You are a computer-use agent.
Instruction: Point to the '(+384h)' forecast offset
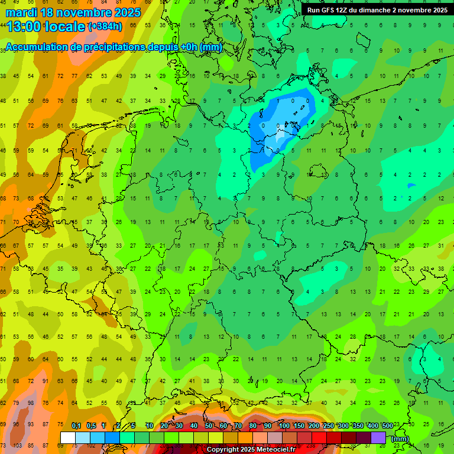point(105,27)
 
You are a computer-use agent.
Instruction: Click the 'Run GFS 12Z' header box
point(377,10)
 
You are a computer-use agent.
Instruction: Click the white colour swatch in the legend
point(68,437)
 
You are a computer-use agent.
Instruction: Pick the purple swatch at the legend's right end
point(378,437)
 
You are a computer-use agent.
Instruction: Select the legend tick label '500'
point(388,426)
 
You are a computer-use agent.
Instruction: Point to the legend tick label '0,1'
point(76,426)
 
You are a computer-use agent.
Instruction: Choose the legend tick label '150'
point(299,426)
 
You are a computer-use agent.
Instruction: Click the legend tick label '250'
point(329,426)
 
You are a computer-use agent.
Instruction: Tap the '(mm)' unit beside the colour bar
point(400,439)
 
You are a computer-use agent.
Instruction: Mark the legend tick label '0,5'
point(91,426)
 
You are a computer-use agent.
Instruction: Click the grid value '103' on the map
point(17,445)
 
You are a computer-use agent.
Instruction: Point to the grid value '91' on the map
point(46,381)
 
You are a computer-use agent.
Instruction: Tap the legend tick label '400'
point(373,426)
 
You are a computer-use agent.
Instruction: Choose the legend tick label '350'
point(358,426)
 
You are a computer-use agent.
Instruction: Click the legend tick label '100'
point(284,426)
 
